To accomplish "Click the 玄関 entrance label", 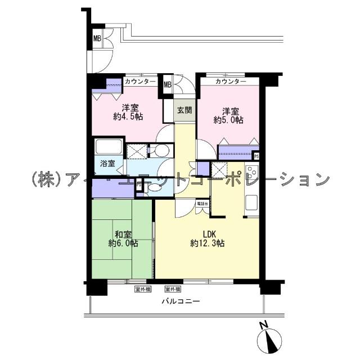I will point(183,110).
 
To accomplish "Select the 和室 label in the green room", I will point(124,234).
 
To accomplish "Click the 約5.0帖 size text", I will point(229,120).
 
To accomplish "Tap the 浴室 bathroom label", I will point(107,164).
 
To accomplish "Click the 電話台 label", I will point(202,203).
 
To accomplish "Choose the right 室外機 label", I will point(173,289).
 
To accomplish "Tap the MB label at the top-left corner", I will point(97,39).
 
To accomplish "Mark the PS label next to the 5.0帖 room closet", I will point(256,156).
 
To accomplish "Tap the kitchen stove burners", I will point(251,175).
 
